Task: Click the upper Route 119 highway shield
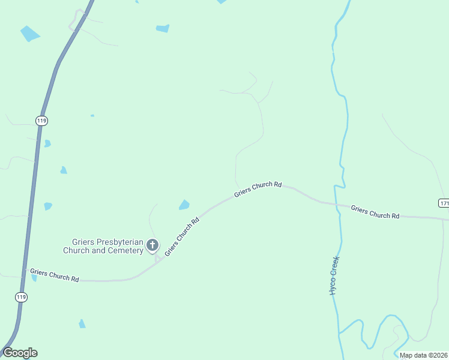tap(41, 121)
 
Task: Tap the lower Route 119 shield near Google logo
tap(21, 297)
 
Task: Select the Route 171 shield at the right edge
tap(444, 203)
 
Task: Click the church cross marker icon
tap(152, 244)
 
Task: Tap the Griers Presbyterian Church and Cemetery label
tap(103, 246)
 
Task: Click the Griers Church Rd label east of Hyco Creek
tap(375, 212)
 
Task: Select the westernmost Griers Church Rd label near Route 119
tap(55, 275)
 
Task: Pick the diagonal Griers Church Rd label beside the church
tap(181, 236)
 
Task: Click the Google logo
tap(20, 353)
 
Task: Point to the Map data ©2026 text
tap(423, 355)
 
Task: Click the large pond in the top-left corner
tap(29, 34)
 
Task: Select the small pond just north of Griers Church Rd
tap(184, 205)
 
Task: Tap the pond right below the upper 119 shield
tap(47, 143)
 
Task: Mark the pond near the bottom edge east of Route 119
tap(82, 323)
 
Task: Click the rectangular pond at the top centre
tap(163, 28)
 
